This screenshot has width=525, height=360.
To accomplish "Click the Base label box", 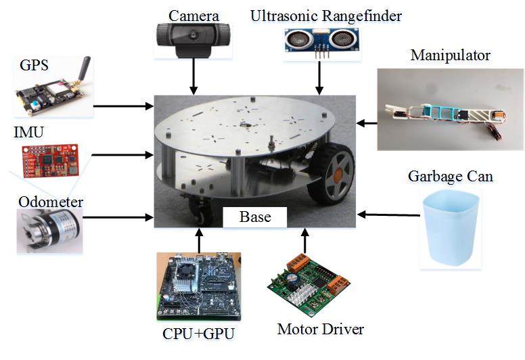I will (255, 217).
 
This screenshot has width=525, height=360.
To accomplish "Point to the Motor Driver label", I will (321, 330).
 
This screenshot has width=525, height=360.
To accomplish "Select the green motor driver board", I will (308, 288).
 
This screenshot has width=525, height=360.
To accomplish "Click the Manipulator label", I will (450, 55).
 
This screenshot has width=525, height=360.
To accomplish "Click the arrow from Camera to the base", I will (195, 76).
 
